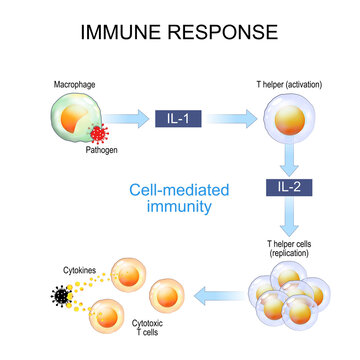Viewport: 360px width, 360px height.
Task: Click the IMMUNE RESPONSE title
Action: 180,32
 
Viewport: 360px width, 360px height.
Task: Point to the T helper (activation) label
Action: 291,86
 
